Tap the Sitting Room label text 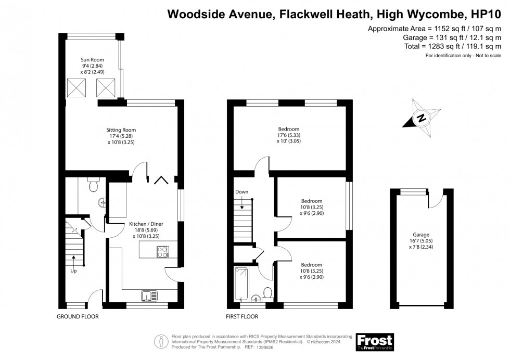(121, 130)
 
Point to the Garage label (422, 235)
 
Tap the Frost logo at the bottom (374, 341)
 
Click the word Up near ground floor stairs (74, 271)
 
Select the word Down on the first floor (242, 192)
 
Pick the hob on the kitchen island (162, 252)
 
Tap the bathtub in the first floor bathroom (242, 284)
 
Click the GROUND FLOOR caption (78, 316)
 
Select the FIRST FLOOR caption (241, 316)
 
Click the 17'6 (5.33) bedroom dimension (289, 136)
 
